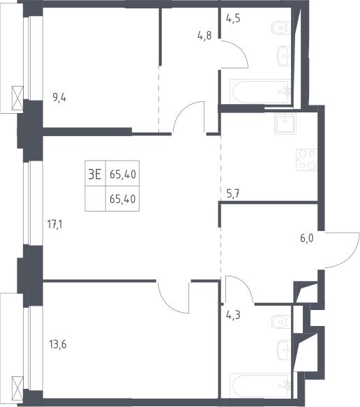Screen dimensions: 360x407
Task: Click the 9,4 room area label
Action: click(x=59, y=98)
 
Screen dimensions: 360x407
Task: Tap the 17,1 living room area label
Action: click(x=54, y=224)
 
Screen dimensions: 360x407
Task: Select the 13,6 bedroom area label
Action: click(x=58, y=344)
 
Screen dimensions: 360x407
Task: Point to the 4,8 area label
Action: click(x=204, y=36)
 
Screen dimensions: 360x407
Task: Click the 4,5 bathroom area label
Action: click(x=233, y=18)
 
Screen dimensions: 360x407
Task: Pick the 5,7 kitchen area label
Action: click(x=233, y=193)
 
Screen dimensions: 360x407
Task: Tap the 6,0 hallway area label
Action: click(x=307, y=238)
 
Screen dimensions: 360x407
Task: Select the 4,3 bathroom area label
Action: click(x=233, y=315)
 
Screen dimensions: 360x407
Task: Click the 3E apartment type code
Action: click(x=95, y=174)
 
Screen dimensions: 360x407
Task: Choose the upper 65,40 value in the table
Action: click(x=123, y=175)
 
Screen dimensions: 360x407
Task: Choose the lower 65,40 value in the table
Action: click(x=123, y=199)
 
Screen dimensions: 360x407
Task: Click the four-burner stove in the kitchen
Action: click(x=306, y=160)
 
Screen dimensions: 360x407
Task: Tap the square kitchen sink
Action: click(x=285, y=124)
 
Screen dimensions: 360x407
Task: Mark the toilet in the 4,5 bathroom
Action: click(x=281, y=28)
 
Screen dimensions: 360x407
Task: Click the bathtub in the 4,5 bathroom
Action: click(x=260, y=91)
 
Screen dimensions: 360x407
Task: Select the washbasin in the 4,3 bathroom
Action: click(x=284, y=350)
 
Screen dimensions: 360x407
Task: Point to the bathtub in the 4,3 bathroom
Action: click(x=260, y=386)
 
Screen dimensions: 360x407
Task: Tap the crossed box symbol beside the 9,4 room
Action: click(x=17, y=98)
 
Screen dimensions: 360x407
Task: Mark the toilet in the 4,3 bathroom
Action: click(x=281, y=322)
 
